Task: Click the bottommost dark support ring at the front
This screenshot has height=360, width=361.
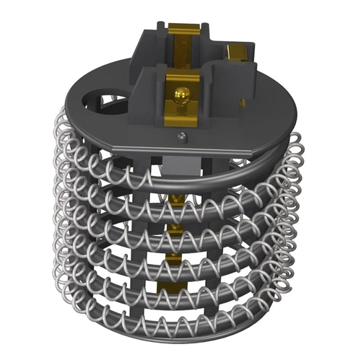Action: pos(180,328)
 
